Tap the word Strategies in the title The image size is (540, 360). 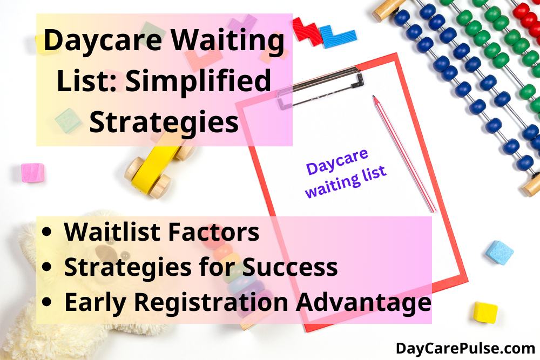pos(164,122)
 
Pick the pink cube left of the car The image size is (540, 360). pos(33,172)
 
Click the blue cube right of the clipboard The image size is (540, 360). pos(499,252)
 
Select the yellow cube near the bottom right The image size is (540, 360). pos(485,312)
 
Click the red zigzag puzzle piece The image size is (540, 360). pos(306,30)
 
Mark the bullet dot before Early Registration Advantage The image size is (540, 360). pos(50,304)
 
